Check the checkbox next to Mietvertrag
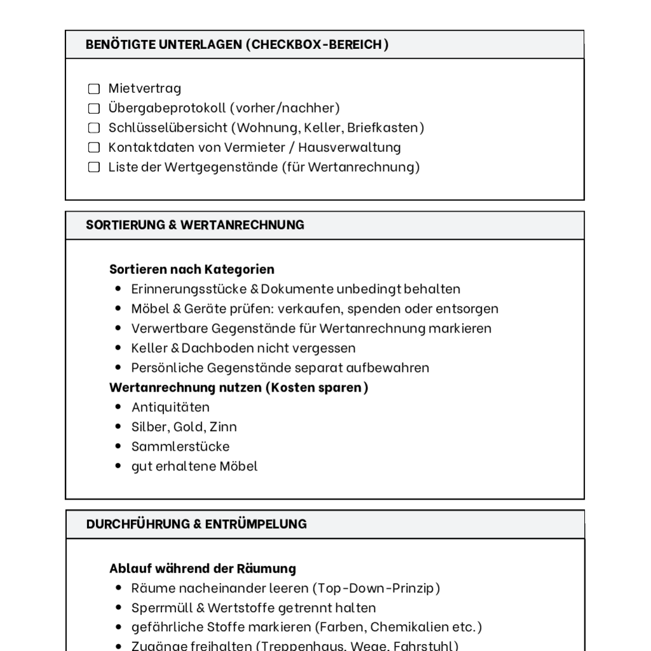94,88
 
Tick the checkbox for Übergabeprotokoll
94,108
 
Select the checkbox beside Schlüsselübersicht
94,128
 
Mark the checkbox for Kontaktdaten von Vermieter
94,147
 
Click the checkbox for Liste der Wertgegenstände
94,167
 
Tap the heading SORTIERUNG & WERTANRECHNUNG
195,225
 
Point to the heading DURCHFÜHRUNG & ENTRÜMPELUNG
196,524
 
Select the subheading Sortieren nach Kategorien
192,269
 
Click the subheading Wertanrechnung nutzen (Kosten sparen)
238,387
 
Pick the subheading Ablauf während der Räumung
203,568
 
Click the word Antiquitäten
170,407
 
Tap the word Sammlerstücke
181,446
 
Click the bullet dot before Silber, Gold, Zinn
118,427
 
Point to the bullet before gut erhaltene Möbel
118,466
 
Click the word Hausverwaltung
350,147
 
